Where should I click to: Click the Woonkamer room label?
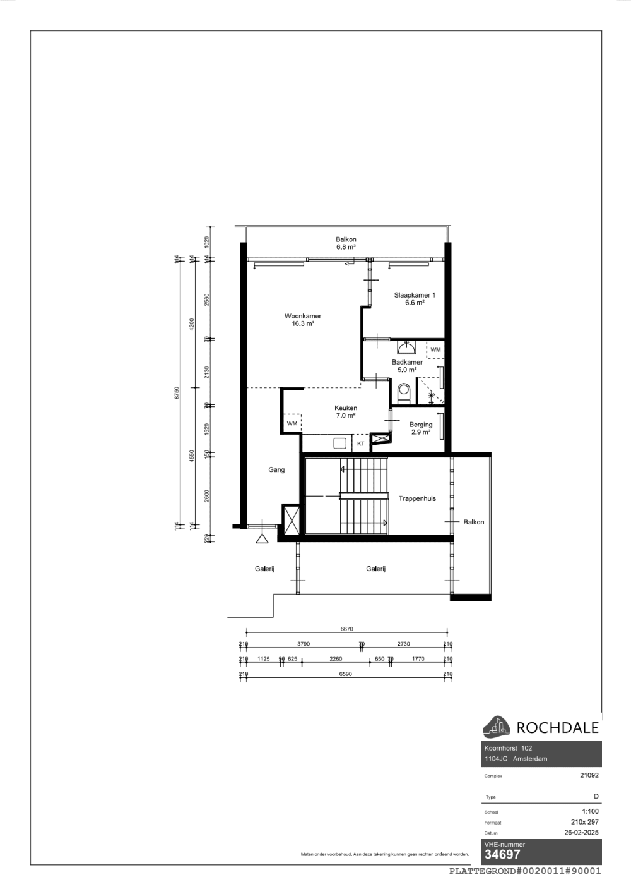coord(303,320)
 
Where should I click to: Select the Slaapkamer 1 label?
coord(415,299)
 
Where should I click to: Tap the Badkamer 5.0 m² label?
coord(407,366)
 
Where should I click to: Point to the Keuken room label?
coord(346,412)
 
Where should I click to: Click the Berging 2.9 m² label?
coord(421,428)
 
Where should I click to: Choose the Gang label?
coord(276,470)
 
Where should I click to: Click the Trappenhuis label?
coord(417,498)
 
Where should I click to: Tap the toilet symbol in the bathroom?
coord(404,392)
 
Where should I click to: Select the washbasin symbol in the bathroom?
coord(406,347)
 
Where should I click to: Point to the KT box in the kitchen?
coord(361,444)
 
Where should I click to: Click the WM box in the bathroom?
coord(435,349)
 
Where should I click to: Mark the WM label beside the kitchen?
coord(292,423)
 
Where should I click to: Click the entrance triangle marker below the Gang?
coord(262,538)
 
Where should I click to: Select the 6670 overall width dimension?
coord(346,629)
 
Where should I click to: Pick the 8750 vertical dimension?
coord(177,392)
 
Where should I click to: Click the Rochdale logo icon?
coord(497,727)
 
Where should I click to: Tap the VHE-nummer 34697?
coord(502,855)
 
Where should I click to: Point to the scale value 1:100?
coord(590,811)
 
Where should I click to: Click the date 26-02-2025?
coord(581,832)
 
